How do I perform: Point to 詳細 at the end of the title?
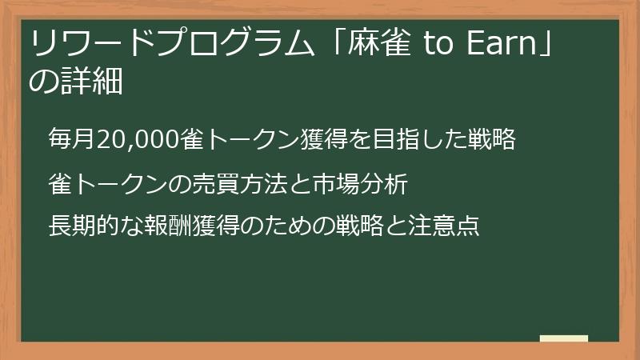(x=91, y=82)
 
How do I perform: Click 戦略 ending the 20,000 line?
(x=502, y=140)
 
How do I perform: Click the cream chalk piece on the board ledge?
(x=563, y=338)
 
